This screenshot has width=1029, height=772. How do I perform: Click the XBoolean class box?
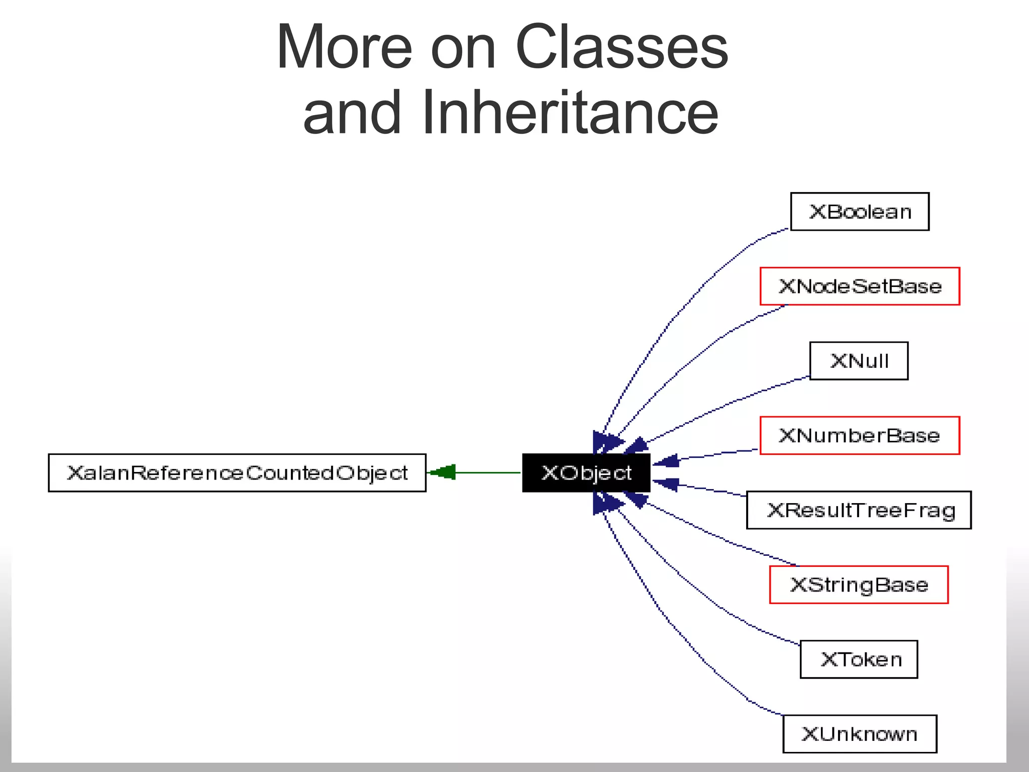(x=860, y=212)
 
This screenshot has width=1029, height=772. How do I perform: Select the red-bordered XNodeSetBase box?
(x=860, y=286)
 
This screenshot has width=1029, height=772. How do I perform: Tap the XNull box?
(x=859, y=361)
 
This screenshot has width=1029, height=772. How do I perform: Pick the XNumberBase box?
(x=860, y=435)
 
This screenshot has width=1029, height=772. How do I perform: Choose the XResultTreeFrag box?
(x=859, y=510)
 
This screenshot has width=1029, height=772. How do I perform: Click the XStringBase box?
(x=859, y=585)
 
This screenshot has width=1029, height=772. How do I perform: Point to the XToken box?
(x=859, y=659)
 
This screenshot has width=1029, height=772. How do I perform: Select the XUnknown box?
(x=860, y=734)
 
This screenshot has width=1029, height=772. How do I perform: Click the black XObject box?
(x=586, y=473)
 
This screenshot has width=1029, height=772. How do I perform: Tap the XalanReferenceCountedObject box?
(x=237, y=473)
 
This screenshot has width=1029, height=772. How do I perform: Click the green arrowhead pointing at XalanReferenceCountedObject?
(x=443, y=472)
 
